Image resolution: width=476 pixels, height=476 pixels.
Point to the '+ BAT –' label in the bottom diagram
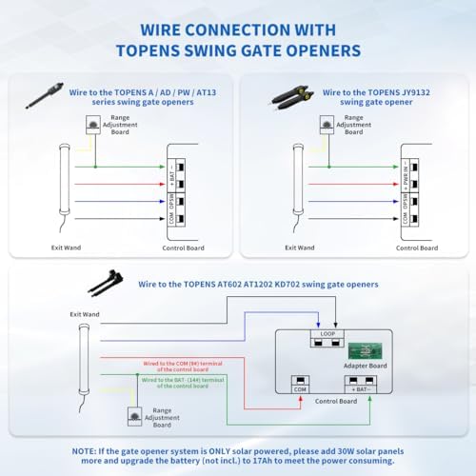click(x=358, y=388)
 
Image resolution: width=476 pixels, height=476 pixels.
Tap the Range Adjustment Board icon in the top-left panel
click(x=93, y=124)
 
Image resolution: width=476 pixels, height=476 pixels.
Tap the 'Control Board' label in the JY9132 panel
click(x=415, y=248)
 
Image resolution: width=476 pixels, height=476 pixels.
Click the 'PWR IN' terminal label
click(x=405, y=174)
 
